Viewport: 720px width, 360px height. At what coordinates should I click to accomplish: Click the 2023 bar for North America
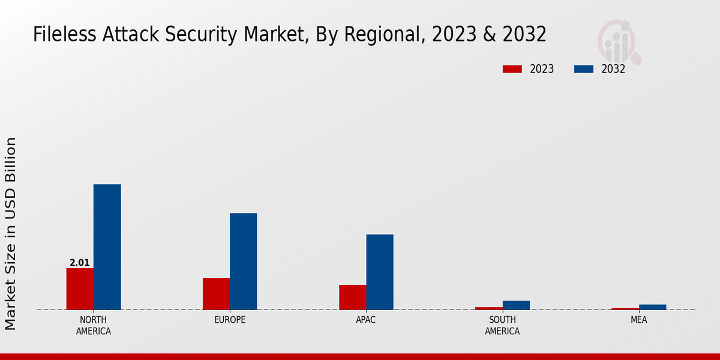pyautogui.click(x=80, y=289)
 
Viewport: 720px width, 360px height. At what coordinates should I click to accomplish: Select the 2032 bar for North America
pyautogui.click(x=107, y=247)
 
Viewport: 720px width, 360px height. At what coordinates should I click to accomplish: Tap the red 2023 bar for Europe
pyautogui.click(x=216, y=293)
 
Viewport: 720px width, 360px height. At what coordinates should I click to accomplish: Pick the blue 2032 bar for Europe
pyautogui.click(x=243, y=261)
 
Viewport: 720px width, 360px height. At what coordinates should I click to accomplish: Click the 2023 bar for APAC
pyautogui.click(x=352, y=297)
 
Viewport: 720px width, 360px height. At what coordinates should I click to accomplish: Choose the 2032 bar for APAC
pyautogui.click(x=380, y=272)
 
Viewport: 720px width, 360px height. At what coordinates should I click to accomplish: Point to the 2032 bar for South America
pyautogui.click(x=516, y=305)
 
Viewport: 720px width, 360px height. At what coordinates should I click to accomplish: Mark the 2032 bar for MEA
pyautogui.click(x=652, y=307)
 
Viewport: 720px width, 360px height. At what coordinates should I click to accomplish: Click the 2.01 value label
pyautogui.click(x=80, y=263)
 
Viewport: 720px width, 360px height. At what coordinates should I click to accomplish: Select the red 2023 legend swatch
pyautogui.click(x=512, y=69)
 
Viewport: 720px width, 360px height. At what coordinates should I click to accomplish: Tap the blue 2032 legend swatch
pyautogui.click(x=584, y=69)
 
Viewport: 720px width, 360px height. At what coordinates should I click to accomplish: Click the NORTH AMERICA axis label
pyautogui.click(x=94, y=325)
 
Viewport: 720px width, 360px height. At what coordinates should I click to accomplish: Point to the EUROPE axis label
pyautogui.click(x=230, y=320)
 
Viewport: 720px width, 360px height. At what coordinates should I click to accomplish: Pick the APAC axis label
pyautogui.click(x=366, y=320)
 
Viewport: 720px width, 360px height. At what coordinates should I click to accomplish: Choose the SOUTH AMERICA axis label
pyautogui.click(x=502, y=325)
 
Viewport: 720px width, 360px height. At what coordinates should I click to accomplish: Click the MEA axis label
pyautogui.click(x=638, y=320)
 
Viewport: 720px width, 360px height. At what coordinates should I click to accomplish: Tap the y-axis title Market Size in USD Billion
pyautogui.click(x=11, y=233)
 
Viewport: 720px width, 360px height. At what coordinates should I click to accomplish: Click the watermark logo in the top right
pyautogui.click(x=619, y=41)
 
